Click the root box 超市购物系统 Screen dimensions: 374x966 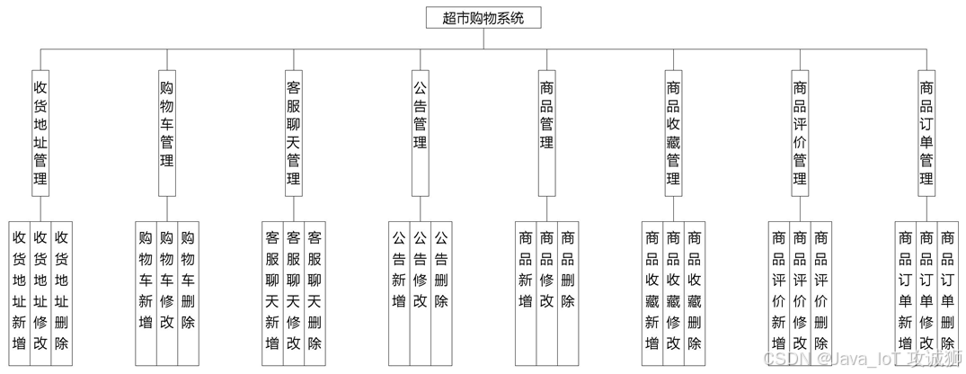(x=483, y=17)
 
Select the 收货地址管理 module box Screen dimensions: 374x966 (x=40, y=133)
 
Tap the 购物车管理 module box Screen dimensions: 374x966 (x=166, y=133)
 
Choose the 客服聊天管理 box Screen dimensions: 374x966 (x=293, y=133)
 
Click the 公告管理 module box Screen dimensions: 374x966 (x=420, y=133)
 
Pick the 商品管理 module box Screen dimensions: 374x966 (x=546, y=133)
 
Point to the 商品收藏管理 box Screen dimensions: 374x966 (x=673, y=133)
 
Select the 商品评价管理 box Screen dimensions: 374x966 (x=800, y=133)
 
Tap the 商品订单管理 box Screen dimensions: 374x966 (x=926, y=133)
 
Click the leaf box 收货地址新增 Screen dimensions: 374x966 (x=19, y=292)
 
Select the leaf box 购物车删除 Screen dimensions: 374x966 (x=188, y=292)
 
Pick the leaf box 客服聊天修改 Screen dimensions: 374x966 (x=293, y=292)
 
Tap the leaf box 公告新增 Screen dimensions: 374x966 (x=398, y=292)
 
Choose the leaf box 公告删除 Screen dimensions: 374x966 (x=441, y=292)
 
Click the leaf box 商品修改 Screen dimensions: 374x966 (x=546, y=292)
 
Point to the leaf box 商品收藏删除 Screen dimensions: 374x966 (x=695, y=292)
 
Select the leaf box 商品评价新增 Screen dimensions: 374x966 (x=778, y=292)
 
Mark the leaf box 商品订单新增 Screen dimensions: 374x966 (x=905, y=292)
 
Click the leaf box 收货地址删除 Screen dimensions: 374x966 (x=61, y=292)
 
